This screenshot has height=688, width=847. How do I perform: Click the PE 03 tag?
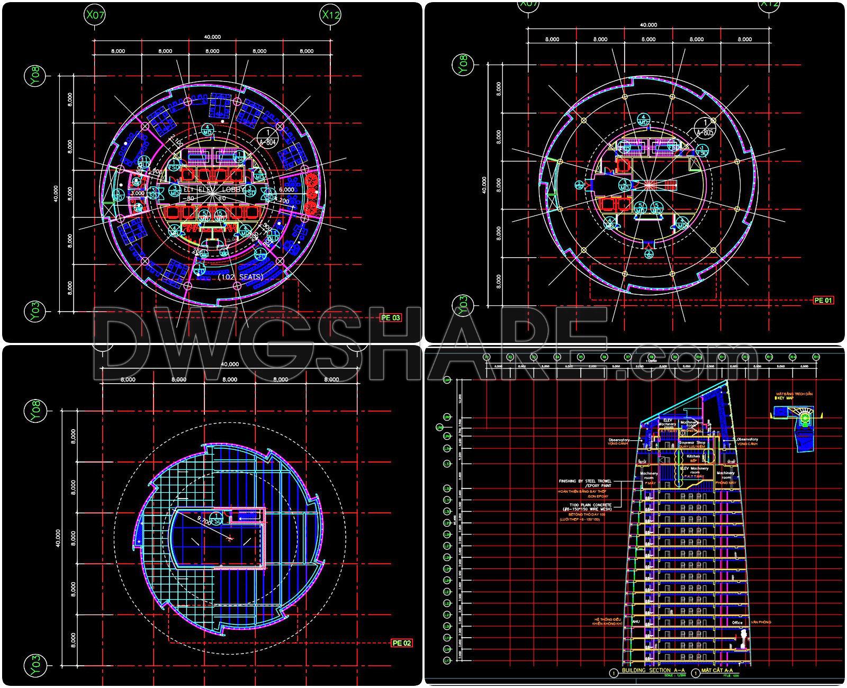[x=390, y=318]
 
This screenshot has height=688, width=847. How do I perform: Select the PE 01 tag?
[x=823, y=300]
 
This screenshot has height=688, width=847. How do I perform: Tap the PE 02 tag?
[x=401, y=643]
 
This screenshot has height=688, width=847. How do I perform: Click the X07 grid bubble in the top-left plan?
[x=95, y=15]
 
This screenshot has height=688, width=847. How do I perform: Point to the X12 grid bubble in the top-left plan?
[x=331, y=15]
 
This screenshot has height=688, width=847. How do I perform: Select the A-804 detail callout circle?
[x=268, y=137]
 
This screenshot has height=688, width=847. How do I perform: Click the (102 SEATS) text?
[x=240, y=277]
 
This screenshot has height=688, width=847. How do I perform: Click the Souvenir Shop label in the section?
[x=693, y=442]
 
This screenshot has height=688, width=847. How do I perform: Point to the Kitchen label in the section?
[x=693, y=456]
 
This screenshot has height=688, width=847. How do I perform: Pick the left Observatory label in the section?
[x=619, y=439]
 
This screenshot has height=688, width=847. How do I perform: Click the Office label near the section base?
[x=737, y=622]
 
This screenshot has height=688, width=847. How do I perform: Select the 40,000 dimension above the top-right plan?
[x=648, y=25]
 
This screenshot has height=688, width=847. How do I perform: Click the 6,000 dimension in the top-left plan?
[x=286, y=189]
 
